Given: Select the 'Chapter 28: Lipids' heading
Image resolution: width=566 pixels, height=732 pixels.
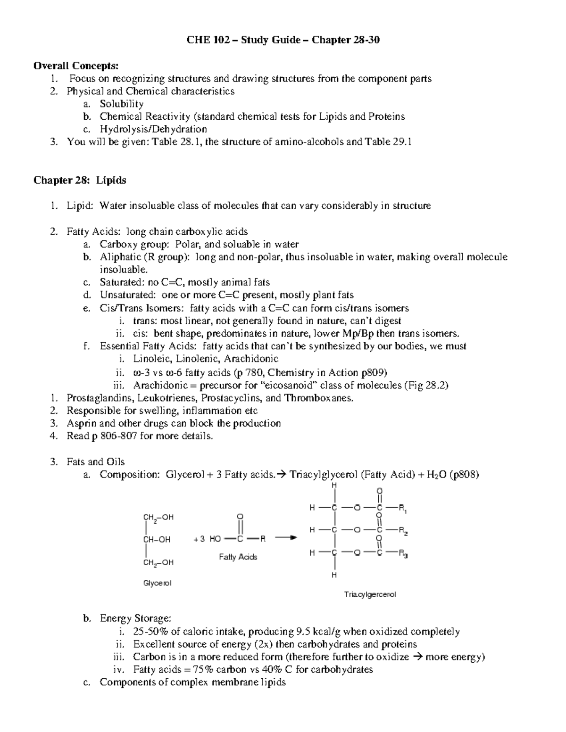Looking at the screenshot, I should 80,181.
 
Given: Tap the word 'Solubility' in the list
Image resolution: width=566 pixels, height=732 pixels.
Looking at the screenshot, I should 121,104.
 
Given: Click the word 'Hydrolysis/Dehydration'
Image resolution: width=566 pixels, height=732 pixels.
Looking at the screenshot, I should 153,129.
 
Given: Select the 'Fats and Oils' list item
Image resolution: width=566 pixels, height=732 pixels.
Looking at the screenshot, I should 96,462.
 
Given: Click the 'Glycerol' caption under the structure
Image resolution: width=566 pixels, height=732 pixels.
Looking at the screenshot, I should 157,584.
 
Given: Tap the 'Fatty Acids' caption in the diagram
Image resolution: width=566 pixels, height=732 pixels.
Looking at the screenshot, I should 238,557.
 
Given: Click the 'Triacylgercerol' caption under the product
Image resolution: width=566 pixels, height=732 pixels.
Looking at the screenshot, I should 370,595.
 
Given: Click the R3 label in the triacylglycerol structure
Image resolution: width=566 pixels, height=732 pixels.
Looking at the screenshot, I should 403,554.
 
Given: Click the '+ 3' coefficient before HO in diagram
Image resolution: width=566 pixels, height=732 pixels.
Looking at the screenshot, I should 199,539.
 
